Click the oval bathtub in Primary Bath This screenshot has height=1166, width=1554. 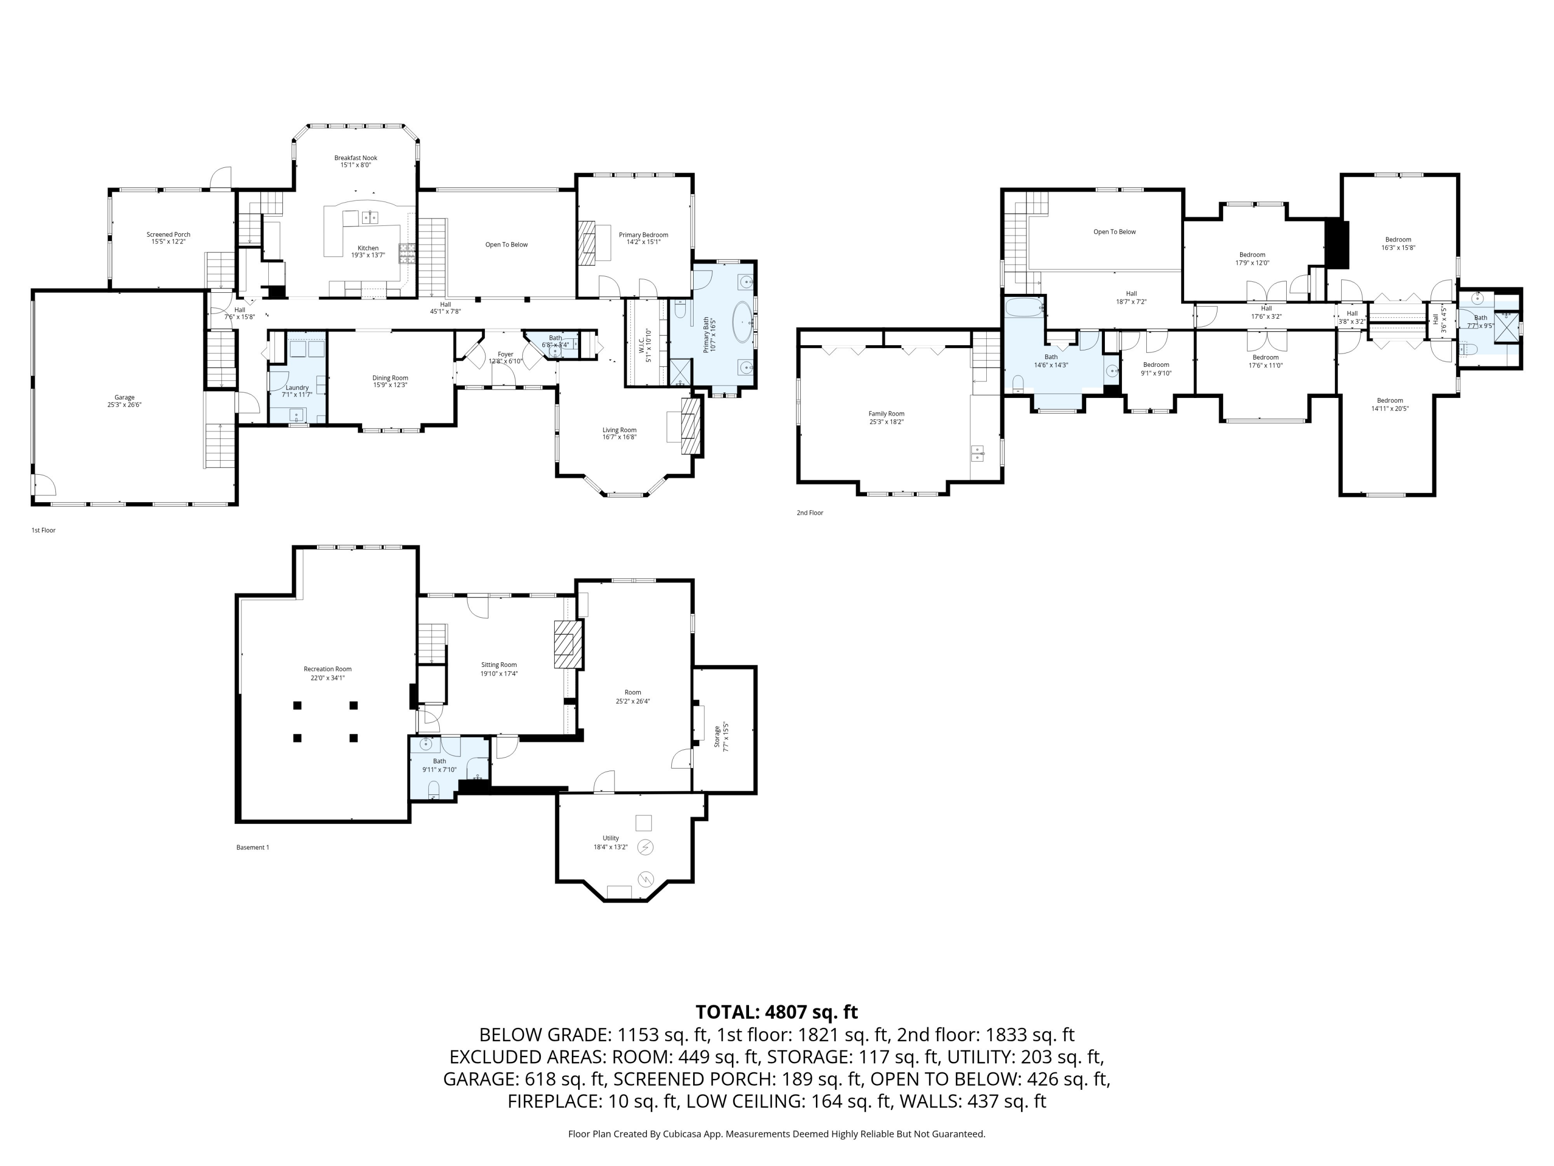tap(743, 323)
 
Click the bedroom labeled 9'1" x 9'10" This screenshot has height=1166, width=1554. tap(1156, 369)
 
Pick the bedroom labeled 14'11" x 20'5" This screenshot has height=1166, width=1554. tap(1390, 404)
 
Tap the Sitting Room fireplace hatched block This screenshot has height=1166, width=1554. tap(568, 644)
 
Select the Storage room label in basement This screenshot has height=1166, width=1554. tap(717, 736)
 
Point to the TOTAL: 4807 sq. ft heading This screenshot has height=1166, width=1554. tap(776, 1012)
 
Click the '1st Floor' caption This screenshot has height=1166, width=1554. tap(44, 530)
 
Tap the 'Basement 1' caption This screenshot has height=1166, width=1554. tap(252, 847)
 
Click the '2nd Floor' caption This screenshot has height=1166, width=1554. tap(809, 513)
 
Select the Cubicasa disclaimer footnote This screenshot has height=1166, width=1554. tap(776, 1134)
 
